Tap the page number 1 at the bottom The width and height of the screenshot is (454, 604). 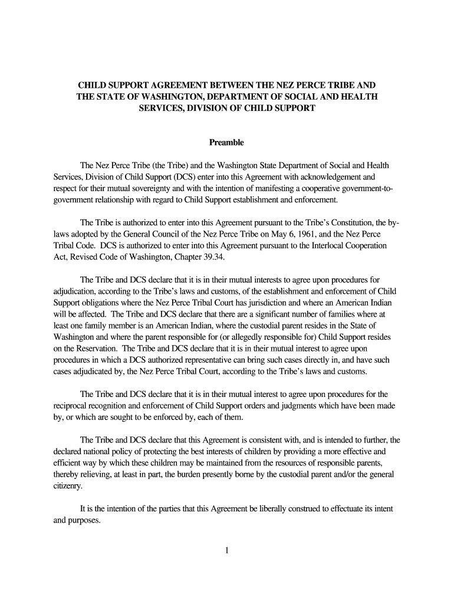point(227,551)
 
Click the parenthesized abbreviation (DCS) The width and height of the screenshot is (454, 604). point(165,176)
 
